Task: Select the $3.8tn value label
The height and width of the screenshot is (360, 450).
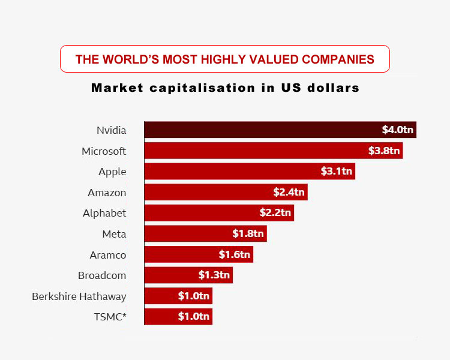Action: click(x=384, y=151)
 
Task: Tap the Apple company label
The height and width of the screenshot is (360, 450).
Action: click(x=112, y=172)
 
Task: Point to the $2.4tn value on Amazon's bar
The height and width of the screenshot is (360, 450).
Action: click(x=290, y=193)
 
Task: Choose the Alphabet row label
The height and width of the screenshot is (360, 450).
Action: click(x=104, y=213)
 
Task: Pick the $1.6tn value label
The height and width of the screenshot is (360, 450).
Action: click(x=235, y=254)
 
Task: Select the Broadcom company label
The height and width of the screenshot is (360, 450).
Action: click(x=102, y=275)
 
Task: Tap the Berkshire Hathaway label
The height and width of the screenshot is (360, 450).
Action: click(x=79, y=296)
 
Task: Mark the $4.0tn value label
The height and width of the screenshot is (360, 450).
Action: click(x=398, y=130)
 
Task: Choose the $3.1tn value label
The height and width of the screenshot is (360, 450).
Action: click(x=337, y=172)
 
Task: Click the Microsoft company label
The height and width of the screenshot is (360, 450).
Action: click(x=104, y=151)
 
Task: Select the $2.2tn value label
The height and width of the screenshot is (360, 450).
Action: click(x=276, y=213)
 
